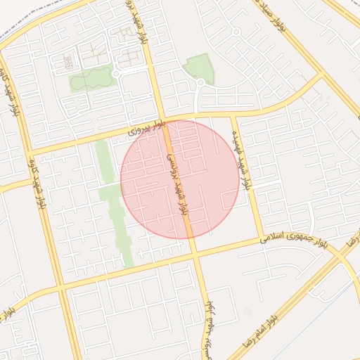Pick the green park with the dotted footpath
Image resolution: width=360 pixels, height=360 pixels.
91,78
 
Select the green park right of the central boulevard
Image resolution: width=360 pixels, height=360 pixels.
199,67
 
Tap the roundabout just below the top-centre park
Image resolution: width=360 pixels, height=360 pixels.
200,83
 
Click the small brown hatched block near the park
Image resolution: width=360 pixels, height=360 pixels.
69,61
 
